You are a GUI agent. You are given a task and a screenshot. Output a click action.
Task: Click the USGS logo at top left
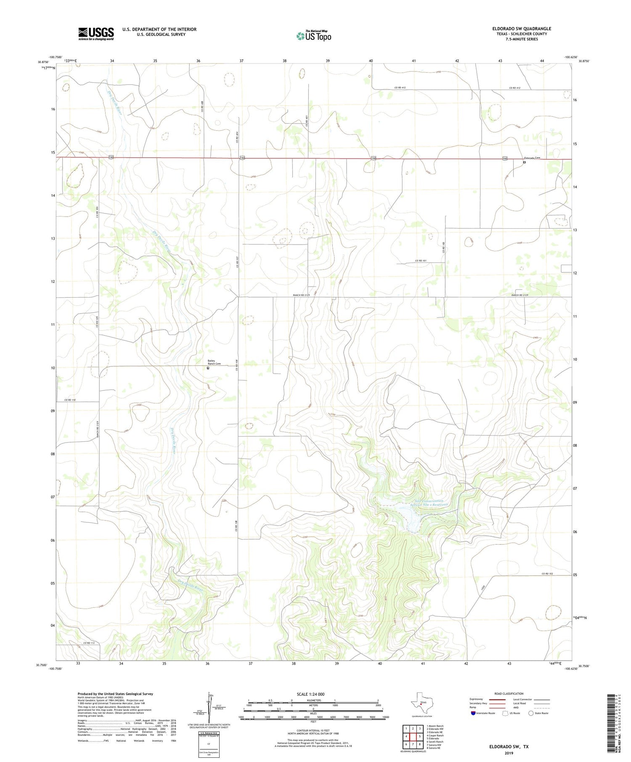(96, 34)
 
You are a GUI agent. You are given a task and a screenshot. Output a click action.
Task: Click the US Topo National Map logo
(313, 36)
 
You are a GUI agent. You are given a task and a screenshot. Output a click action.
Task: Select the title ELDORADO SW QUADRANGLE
(521, 29)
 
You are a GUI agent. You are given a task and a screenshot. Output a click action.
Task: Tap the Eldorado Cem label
(531, 158)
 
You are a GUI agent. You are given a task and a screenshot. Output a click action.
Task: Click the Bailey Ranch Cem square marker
(208, 368)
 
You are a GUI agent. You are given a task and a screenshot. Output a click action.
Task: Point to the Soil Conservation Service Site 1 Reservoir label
(430, 503)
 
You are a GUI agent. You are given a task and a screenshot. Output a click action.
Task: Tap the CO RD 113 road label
(89, 643)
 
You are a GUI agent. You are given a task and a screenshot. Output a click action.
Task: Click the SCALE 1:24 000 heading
(310, 694)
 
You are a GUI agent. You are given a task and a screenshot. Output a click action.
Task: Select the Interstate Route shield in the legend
(473, 713)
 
